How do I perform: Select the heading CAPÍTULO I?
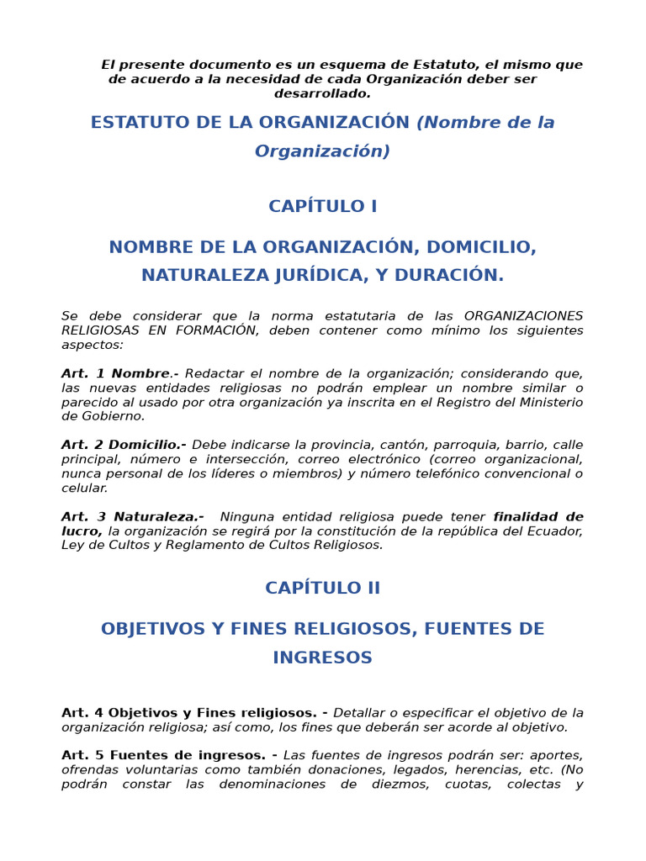click(323, 206)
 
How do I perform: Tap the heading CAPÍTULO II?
click(323, 588)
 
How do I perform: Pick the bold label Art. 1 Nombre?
click(116, 373)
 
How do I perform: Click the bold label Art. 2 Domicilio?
click(124, 445)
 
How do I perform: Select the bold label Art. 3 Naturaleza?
click(132, 516)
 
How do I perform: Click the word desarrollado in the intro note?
click(322, 93)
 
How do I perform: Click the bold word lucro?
click(82, 531)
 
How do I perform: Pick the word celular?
click(84, 488)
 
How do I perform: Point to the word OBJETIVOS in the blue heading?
click(151, 629)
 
